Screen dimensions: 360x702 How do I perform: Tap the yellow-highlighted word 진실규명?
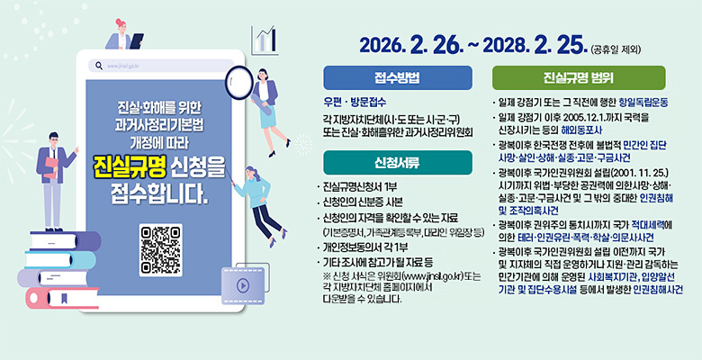[x=125, y=167]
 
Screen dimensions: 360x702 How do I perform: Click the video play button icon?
[x=241, y=285]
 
